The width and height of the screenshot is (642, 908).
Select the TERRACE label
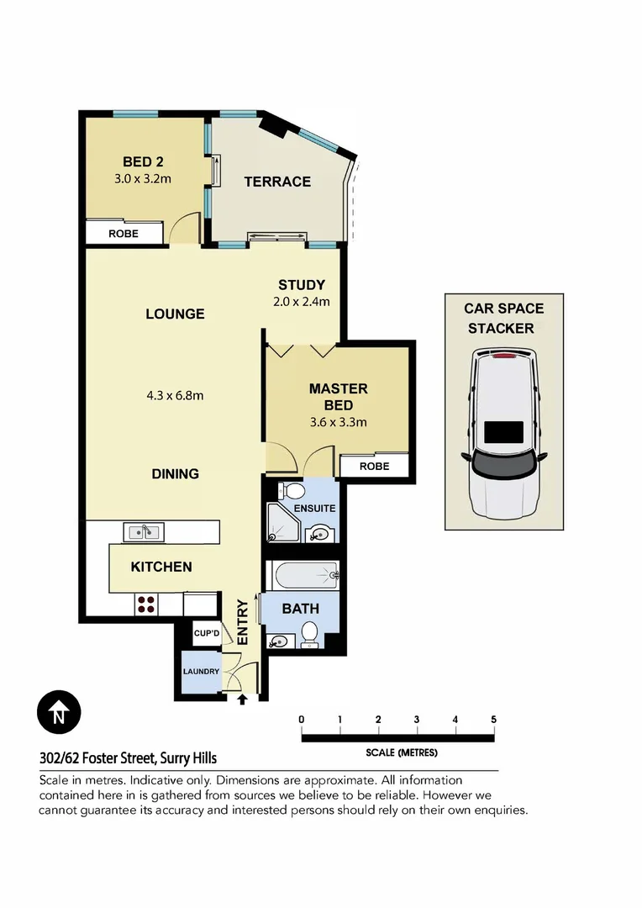click(277, 182)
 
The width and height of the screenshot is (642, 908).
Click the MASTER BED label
click(338, 396)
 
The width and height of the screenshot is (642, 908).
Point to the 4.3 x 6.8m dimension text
click(175, 395)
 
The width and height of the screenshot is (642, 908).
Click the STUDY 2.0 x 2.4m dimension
click(302, 302)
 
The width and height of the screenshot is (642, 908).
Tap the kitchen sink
click(144, 531)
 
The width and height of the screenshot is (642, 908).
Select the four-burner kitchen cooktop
click(145, 604)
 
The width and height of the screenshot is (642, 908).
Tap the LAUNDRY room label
click(202, 672)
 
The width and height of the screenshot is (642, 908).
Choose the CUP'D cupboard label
click(206, 633)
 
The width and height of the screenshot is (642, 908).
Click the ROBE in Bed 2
click(124, 234)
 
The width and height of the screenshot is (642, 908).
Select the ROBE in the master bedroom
click(374, 466)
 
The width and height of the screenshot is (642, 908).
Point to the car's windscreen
click(503, 464)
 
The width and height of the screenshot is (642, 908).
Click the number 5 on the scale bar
click(493, 719)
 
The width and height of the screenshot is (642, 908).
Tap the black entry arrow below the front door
click(243, 699)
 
